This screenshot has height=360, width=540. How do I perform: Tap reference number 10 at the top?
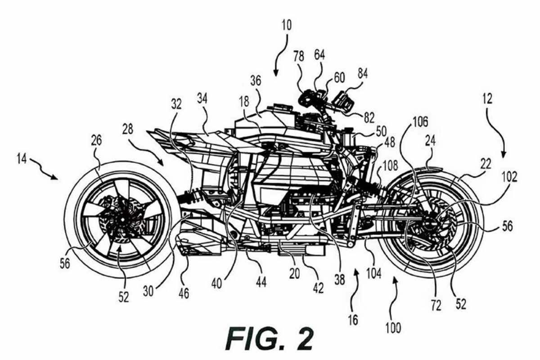(x=286, y=26)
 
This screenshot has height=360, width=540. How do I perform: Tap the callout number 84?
(x=363, y=73)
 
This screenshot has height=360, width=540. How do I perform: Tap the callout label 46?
(x=184, y=293)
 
